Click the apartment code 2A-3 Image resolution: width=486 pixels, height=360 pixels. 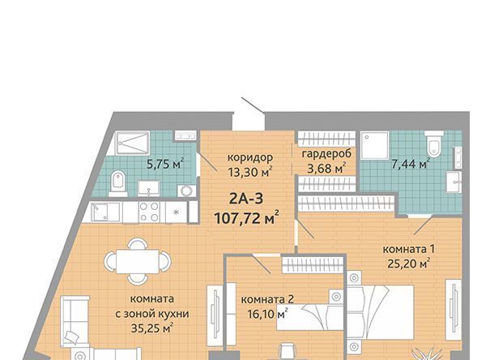click(246, 199)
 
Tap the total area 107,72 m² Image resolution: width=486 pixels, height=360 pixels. click(247, 218)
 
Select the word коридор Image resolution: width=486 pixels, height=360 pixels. click(250, 158)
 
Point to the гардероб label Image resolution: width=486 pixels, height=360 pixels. click(326, 154)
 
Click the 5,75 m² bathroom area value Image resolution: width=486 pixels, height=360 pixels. click(165, 164)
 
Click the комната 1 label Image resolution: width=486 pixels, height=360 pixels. click(409, 249)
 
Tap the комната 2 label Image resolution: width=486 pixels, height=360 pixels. click(267, 299)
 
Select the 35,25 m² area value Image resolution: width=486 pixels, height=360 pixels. click(152, 328)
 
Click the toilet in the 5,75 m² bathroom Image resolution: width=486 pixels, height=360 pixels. click(118, 184)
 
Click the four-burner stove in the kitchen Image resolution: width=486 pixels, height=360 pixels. click(150, 212)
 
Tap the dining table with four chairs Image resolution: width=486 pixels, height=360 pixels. click(138, 261)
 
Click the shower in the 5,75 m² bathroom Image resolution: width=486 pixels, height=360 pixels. click(132, 143)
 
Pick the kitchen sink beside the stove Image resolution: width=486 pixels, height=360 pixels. click(105, 212)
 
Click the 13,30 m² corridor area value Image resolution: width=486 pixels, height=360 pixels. click(250, 171)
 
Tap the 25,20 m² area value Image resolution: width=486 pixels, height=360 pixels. click(409, 264)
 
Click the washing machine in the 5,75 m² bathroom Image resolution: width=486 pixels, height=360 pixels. click(186, 191)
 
